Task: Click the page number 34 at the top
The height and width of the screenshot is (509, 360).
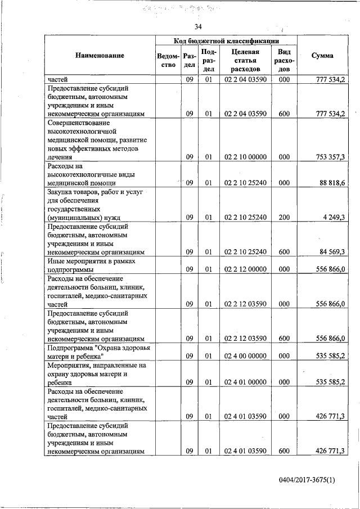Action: point(198,27)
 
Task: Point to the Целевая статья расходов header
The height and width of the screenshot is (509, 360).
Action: point(245,60)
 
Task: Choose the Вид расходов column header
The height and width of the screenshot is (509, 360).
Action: point(284,60)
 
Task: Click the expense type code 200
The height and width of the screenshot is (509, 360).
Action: point(284,217)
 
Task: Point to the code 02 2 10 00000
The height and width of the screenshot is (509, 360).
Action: point(245,157)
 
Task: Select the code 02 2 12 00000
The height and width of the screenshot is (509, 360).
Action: point(245,269)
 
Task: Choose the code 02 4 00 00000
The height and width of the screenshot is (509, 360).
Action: point(245,356)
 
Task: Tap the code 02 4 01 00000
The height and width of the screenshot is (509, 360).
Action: point(245,382)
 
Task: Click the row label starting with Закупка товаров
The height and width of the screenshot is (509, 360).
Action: point(93,204)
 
